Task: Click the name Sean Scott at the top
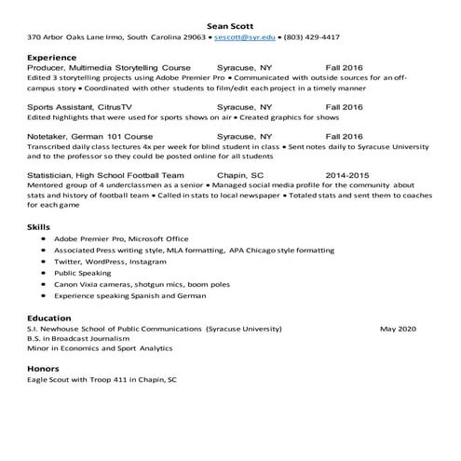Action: click(230, 23)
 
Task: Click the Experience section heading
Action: click(51, 56)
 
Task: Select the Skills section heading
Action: click(39, 226)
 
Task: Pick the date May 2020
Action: click(398, 329)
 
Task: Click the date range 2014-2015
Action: click(347, 174)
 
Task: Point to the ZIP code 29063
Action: click(193, 37)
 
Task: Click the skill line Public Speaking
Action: click(82, 273)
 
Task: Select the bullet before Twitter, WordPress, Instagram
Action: click(44, 262)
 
